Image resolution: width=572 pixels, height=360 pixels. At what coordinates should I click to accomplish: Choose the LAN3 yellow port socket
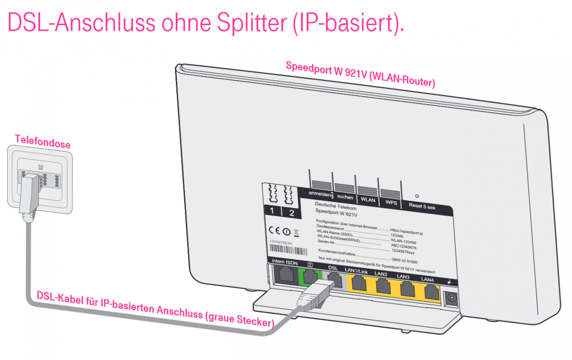point(406,288)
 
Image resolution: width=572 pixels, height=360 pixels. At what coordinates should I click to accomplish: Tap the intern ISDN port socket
point(285,275)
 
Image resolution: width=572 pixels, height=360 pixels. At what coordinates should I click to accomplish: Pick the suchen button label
point(345,197)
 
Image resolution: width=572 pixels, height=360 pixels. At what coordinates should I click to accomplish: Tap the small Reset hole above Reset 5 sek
point(417,195)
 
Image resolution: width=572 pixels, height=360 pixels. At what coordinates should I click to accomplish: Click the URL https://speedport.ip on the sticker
point(407,230)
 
